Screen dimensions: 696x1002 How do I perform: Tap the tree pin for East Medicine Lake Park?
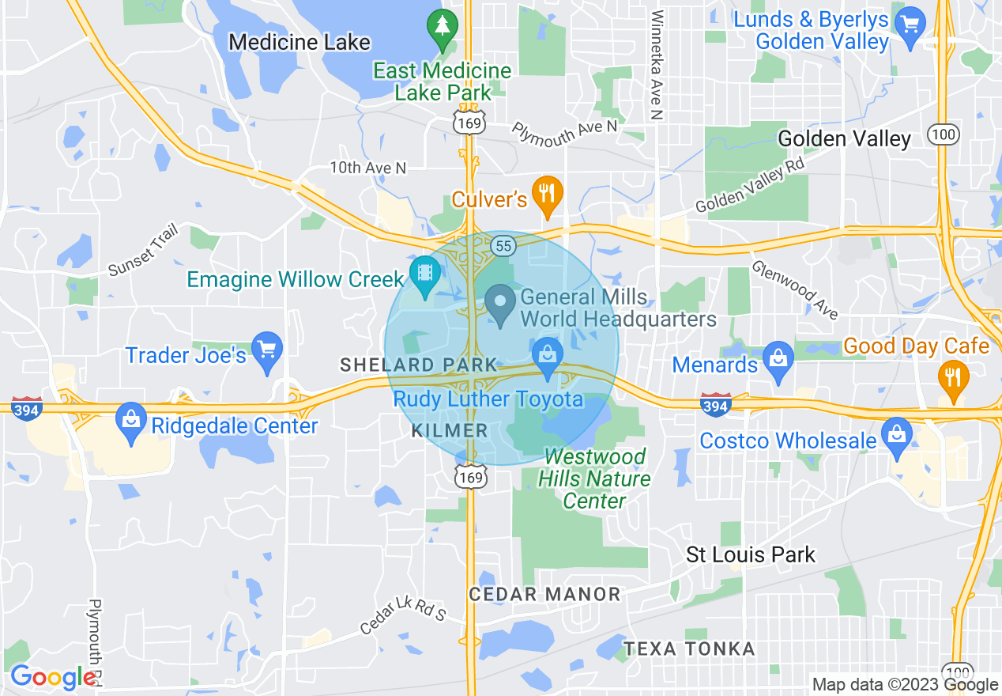coord(442,28)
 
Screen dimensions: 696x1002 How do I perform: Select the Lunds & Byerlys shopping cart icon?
coord(911,25)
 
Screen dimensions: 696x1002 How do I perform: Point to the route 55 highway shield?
coord(503,246)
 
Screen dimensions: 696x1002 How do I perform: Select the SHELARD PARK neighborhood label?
coord(419,365)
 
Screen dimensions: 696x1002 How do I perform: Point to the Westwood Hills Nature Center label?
coord(594,478)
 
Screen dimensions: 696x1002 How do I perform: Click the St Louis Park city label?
coord(750,554)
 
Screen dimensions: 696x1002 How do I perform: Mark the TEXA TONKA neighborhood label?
coord(689,649)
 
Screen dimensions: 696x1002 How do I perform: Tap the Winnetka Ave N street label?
coord(656,65)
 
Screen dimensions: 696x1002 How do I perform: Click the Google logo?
coord(53,678)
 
